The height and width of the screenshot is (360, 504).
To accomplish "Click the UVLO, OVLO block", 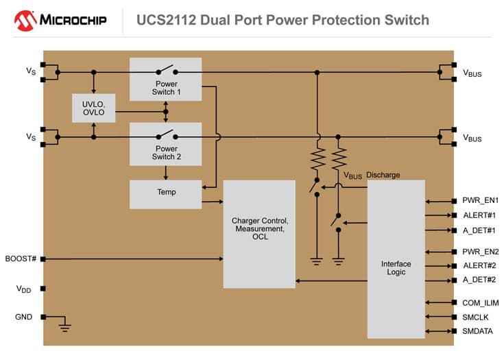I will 94,108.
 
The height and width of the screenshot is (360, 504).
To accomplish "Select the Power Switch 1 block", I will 165,79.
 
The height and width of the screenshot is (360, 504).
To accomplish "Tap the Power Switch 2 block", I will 165,144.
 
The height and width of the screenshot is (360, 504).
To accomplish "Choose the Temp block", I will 165,193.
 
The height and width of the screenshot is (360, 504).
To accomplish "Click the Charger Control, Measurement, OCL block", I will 259,234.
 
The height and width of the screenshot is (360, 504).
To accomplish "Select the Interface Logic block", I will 396,259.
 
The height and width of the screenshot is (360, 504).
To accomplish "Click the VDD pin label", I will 24,289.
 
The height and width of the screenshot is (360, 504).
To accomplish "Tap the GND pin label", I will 23,317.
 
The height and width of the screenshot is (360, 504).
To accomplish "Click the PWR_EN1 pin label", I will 480,201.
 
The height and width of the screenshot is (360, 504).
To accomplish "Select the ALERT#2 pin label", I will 479,266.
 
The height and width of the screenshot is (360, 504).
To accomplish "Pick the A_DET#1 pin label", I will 479,230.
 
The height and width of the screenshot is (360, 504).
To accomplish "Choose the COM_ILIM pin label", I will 480,302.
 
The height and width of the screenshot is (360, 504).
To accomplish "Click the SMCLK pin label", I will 475,317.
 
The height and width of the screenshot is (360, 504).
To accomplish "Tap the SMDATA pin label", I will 477,332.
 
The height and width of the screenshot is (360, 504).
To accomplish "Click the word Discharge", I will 383,175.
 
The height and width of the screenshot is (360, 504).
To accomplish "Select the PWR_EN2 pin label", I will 480,252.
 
